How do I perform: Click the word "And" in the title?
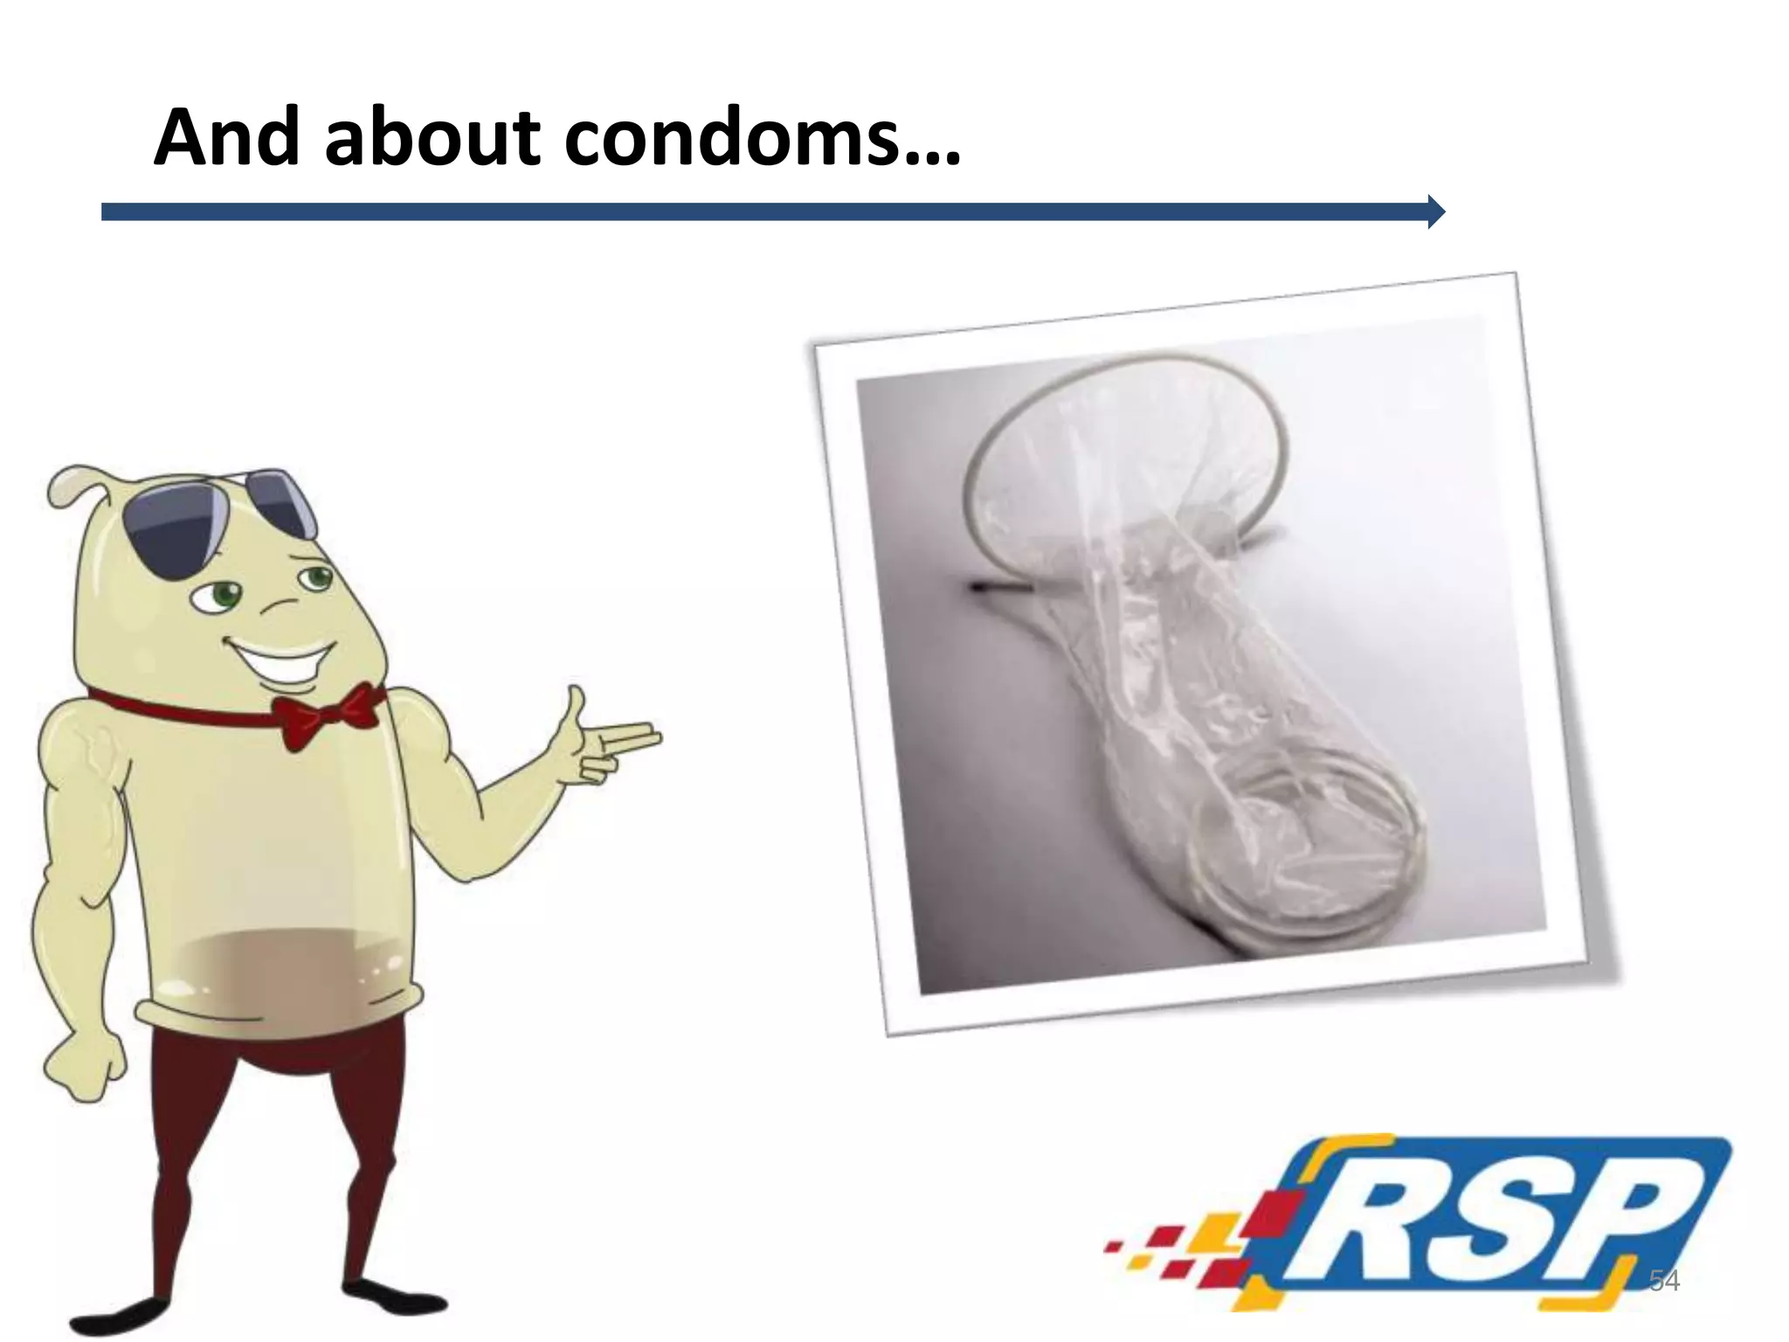pos(227,137)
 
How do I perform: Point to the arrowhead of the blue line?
pos(1435,211)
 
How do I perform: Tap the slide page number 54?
pos(1664,1281)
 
